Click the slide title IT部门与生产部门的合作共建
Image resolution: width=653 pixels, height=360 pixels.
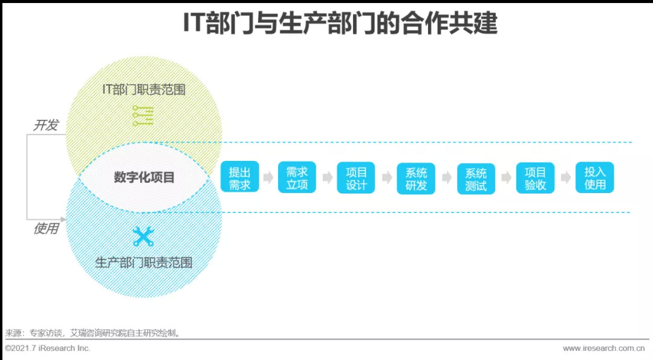(340, 24)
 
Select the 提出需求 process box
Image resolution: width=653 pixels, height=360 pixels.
(239, 178)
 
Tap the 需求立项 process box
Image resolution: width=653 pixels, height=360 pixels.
(297, 178)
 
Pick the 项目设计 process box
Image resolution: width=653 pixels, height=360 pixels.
(356, 178)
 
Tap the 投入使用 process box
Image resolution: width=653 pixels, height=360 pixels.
(594, 178)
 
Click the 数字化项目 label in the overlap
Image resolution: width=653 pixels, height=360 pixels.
(144, 177)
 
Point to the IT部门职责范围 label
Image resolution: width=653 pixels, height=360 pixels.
(143, 90)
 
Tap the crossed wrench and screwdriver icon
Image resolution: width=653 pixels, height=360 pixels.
(143, 236)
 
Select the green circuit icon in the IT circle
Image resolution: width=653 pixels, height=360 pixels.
(143, 115)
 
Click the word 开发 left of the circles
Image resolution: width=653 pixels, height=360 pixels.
(45, 125)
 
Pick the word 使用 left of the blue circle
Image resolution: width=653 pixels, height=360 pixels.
(45, 229)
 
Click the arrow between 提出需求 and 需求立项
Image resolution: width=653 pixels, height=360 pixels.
(268, 178)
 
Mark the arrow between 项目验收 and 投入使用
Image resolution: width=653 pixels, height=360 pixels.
(565, 178)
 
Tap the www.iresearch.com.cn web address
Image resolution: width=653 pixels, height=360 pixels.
(603, 349)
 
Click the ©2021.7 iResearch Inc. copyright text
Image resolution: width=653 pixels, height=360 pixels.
(47, 349)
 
